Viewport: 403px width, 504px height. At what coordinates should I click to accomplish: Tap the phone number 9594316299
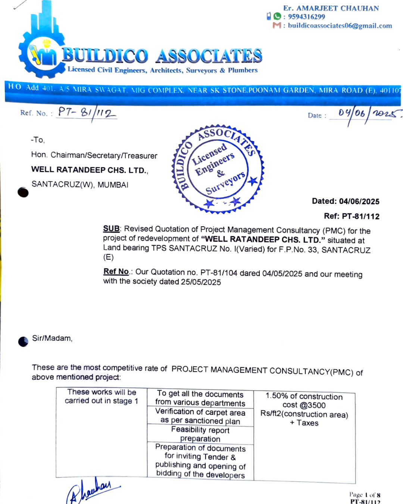click(x=306, y=17)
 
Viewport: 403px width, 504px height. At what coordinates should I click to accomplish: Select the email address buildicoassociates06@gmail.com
click(x=340, y=26)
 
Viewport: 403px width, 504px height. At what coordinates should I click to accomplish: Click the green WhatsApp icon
click(x=277, y=16)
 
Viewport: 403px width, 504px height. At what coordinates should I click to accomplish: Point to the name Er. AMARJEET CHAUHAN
click(x=331, y=8)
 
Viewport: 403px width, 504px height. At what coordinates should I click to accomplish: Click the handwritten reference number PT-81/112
click(x=87, y=112)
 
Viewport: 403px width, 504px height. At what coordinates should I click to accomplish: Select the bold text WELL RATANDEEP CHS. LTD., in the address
click(x=90, y=170)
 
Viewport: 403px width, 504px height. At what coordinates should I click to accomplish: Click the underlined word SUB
click(x=111, y=228)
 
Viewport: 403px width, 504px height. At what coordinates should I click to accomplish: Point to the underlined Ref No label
click(x=116, y=271)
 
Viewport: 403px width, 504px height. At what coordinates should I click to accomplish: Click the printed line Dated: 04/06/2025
click(x=346, y=202)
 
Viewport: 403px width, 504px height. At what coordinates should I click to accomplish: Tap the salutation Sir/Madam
click(x=52, y=338)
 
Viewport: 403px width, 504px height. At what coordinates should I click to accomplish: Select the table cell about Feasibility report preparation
click(x=200, y=435)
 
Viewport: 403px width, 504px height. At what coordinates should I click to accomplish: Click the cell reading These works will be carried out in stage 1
click(x=101, y=396)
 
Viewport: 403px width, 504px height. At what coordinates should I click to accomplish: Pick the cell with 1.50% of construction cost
click(x=304, y=410)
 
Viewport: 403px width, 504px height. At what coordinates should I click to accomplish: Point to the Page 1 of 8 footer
click(x=365, y=495)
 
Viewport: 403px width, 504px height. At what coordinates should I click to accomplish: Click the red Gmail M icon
click(x=277, y=25)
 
